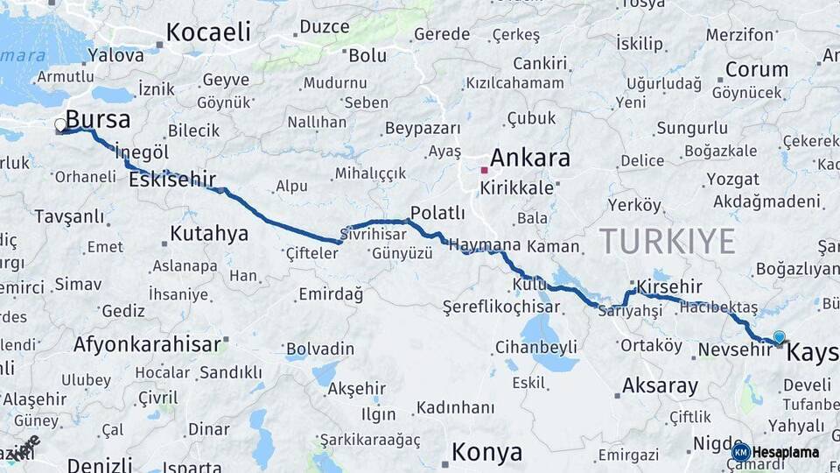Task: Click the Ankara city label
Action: click(530, 159)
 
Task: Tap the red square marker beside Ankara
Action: click(484, 170)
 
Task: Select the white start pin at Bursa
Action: click(60, 125)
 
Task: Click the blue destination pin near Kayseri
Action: click(780, 337)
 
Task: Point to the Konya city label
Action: click(487, 453)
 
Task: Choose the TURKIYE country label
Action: click(668, 240)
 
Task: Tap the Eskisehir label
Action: click(172, 180)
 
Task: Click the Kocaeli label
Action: click(208, 32)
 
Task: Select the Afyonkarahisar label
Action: click(147, 344)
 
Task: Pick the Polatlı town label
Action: click(437, 213)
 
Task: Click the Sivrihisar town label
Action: click(374, 235)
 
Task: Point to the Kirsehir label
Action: click(669, 286)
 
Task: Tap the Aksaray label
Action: click(660, 385)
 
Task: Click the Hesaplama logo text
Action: click(786, 453)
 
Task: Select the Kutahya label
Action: click(209, 234)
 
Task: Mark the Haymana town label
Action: click(484, 245)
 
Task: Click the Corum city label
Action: click(757, 69)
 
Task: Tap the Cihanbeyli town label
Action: click(536, 346)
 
